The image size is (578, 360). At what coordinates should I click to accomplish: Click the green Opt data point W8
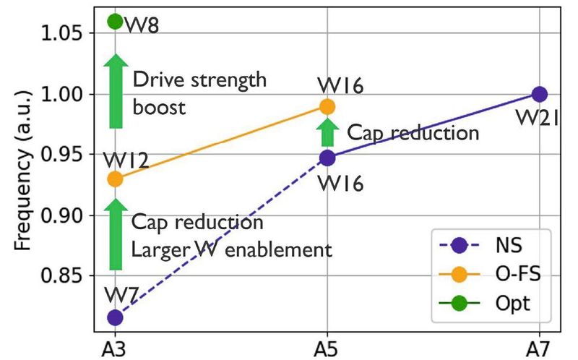[x=115, y=22]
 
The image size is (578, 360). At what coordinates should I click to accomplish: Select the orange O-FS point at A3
[x=115, y=179]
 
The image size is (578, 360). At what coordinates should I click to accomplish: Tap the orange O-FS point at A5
[x=327, y=107]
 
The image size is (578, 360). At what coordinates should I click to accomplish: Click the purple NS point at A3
[x=115, y=317]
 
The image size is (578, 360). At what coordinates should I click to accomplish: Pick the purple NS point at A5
[x=327, y=158]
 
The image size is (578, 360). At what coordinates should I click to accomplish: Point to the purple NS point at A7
[x=539, y=94]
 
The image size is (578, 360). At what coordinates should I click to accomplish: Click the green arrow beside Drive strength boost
[x=115, y=91]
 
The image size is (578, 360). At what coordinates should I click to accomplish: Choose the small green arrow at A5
[x=327, y=132]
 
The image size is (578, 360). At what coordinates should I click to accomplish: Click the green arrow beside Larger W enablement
[x=115, y=234]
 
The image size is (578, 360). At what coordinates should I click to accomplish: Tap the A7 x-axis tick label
[x=539, y=348]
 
